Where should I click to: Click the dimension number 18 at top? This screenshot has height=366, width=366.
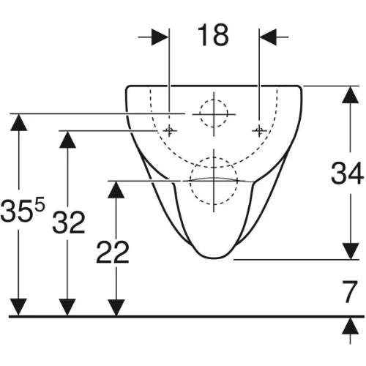tap(213, 35)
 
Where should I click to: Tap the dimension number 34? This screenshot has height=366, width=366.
tap(347, 173)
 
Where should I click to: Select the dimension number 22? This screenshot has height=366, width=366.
tap(113, 252)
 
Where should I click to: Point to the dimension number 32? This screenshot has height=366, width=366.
tap(69, 223)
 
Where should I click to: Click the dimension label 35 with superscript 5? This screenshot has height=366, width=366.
tap(23, 209)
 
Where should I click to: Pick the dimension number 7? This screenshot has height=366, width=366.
tap(350, 291)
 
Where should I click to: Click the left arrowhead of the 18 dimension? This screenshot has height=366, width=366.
tap(160, 37)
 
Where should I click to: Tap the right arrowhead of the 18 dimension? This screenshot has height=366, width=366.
tap(268, 37)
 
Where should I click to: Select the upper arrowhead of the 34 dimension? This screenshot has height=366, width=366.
tap(351, 95)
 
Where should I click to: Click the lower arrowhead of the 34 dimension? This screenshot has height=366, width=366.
tap(351, 251)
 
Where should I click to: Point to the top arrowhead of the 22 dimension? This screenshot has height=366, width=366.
tap(116, 190)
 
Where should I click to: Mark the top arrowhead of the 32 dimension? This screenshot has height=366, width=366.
tap(67, 140)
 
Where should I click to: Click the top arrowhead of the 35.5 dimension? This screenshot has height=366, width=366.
tap(19, 122)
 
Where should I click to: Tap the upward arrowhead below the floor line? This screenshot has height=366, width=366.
tap(351, 326)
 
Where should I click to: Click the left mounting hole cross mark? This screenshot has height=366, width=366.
tap(169, 130)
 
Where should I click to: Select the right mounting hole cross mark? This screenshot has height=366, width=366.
tap(259, 130)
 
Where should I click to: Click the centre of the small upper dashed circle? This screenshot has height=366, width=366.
tap(214, 113)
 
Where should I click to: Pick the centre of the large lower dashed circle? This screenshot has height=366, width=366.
tap(214, 181)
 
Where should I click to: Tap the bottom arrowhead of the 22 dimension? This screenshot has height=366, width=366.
tap(116, 307)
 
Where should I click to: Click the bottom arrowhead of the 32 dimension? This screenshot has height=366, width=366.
tap(67, 307)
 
